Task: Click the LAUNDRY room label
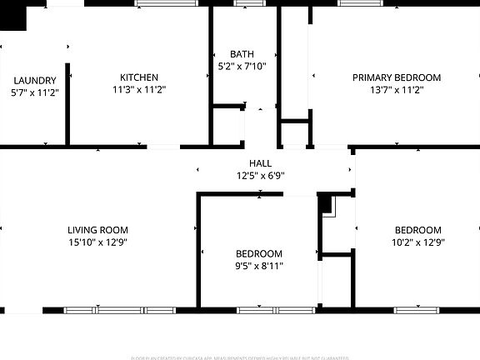point(34,81)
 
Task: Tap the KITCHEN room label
point(139,77)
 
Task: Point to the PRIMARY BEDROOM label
point(396,77)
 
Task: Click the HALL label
point(260,163)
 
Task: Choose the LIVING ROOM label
point(97,230)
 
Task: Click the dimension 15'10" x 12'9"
point(97,242)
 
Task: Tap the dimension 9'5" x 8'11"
point(259,266)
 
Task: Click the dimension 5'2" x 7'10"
point(242,66)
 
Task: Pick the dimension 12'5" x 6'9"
point(260,175)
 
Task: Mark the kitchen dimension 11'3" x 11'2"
point(139,89)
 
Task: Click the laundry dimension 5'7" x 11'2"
point(34,92)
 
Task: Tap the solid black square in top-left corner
point(13,16)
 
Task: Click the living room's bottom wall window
point(119,310)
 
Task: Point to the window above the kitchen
point(167,3)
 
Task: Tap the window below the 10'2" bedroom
point(417,310)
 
